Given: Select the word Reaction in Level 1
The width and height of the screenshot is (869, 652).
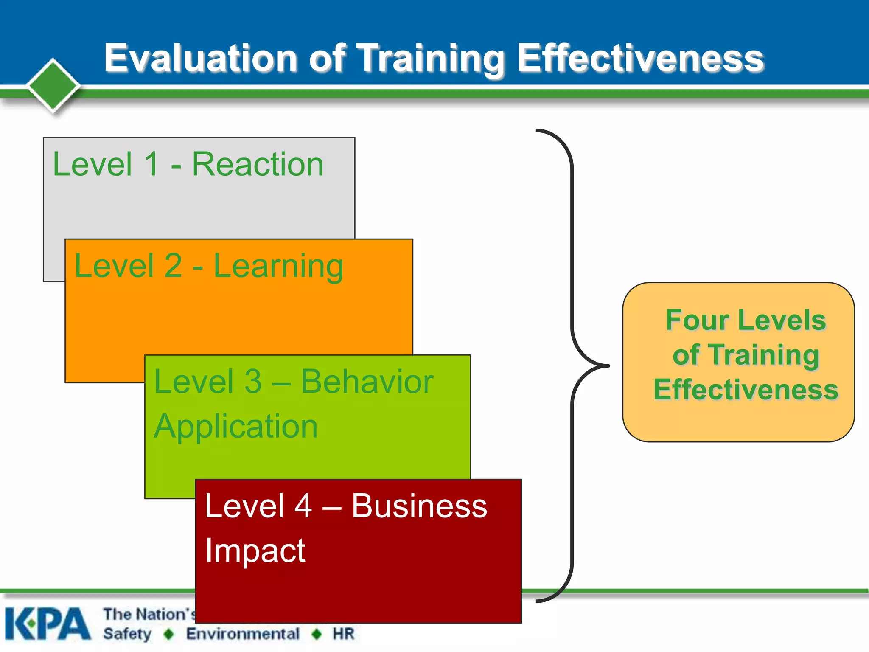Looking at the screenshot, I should click(x=258, y=164).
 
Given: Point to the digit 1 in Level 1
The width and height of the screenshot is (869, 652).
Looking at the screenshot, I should click(x=151, y=164).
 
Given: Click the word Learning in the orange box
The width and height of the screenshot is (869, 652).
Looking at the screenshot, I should click(x=278, y=267).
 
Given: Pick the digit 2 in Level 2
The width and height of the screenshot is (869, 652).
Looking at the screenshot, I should click(x=173, y=266).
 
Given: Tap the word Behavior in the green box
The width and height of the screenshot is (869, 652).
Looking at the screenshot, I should click(x=367, y=382).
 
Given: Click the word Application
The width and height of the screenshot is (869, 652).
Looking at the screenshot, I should click(x=236, y=427).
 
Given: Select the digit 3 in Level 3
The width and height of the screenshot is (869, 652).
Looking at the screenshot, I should click(x=253, y=382).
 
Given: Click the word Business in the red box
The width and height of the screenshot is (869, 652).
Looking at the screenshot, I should click(x=419, y=506).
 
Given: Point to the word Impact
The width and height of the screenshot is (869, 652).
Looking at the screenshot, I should click(x=255, y=551).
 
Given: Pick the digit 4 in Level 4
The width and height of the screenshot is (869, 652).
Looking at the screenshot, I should click(x=303, y=506).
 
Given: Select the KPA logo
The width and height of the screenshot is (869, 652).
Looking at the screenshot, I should click(x=48, y=624).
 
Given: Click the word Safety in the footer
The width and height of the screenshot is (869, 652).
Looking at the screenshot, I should click(x=127, y=634).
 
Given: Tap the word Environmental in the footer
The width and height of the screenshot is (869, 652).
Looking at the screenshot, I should click(x=243, y=634).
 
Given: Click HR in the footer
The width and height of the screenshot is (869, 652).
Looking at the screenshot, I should click(x=343, y=634).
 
